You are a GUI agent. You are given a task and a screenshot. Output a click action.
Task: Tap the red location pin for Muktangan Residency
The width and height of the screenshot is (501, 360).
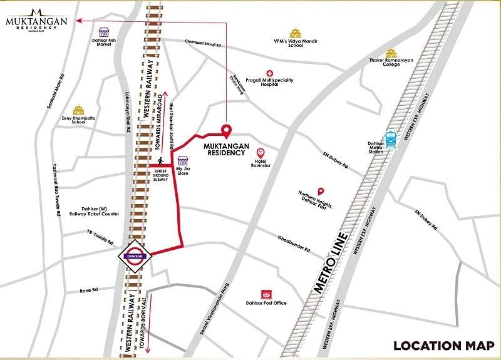coord(226,131)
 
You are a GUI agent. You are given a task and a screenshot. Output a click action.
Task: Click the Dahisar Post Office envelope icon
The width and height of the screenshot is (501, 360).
coord(266,294)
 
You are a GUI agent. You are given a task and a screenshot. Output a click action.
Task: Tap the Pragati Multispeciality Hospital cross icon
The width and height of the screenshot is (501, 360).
coord(270,73)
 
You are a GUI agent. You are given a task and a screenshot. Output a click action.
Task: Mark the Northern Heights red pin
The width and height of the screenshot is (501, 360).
coord(321,191)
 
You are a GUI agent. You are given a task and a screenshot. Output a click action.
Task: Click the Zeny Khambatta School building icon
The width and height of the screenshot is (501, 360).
coord(78,110)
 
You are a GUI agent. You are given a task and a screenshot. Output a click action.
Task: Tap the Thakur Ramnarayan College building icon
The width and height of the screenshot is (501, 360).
coord(391,54)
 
